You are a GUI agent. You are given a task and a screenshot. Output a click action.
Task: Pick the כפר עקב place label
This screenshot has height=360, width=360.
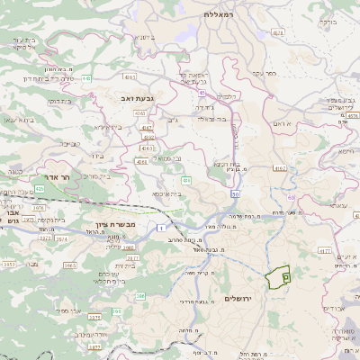point(263,73)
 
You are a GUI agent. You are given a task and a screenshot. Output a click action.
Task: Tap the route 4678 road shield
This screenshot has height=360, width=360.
point(277,32)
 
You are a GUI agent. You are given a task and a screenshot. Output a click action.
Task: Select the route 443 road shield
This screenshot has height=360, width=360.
point(86,78)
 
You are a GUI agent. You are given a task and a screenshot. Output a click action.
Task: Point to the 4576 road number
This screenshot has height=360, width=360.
point(346,114)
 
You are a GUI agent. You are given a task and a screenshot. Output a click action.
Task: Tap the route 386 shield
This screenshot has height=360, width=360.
point(139,294)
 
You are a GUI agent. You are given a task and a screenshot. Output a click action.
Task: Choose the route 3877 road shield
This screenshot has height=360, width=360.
point(92,345)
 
